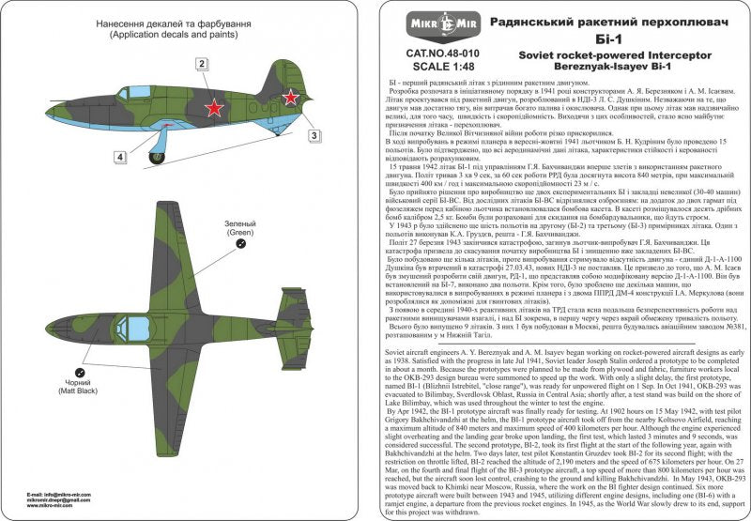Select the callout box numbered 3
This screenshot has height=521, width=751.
coord(315,134)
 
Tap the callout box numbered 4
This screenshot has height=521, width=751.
coord(120,157)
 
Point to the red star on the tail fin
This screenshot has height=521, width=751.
coord(292,95)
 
